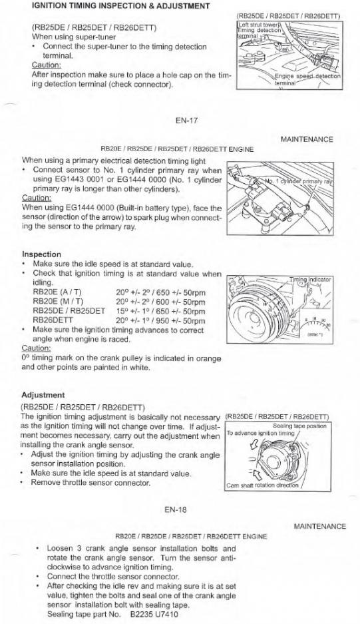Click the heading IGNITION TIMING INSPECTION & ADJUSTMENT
(120, 6)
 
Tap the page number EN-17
(186, 121)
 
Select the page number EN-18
(176, 509)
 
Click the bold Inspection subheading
(41, 254)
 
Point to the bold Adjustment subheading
(43, 395)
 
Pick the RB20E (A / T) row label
(57, 292)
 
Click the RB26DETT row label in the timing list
(53, 320)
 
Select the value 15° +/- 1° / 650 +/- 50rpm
(161, 311)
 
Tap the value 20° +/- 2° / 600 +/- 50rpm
(161, 302)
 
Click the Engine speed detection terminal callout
(307, 79)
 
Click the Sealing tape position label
(299, 426)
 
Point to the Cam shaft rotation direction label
(263, 485)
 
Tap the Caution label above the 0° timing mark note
(36, 348)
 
